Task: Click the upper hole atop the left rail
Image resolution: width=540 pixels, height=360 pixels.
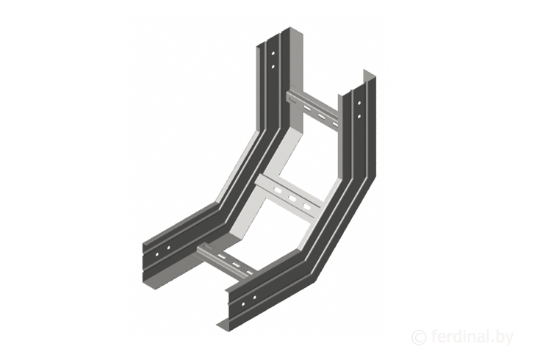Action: pyautogui.click(x=273, y=54)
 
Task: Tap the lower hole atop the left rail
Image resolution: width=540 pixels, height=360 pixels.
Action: pyautogui.click(x=273, y=66)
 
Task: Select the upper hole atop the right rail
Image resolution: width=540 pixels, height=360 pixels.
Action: pyautogui.click(x=359, y=103)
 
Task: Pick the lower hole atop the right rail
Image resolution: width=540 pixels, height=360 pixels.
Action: pyautogui.click(x=359, y=116)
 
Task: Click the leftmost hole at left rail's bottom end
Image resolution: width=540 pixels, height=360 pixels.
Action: pyautogui.click(x=157, y=254)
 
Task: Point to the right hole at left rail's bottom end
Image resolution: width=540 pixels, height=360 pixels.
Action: pyautogui.click(x=168, y=248)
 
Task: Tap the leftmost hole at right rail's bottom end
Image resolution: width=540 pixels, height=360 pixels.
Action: pyautogui.click(x=243, y=304)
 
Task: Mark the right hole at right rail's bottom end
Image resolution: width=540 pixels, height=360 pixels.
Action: pyautogui.click(x=254, y=298)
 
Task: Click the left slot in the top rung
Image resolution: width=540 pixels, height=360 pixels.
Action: pyautogui.click(x=306, y=108)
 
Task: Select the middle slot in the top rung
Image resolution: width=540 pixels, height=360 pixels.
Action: pyautogui.click(x=321, y=116)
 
